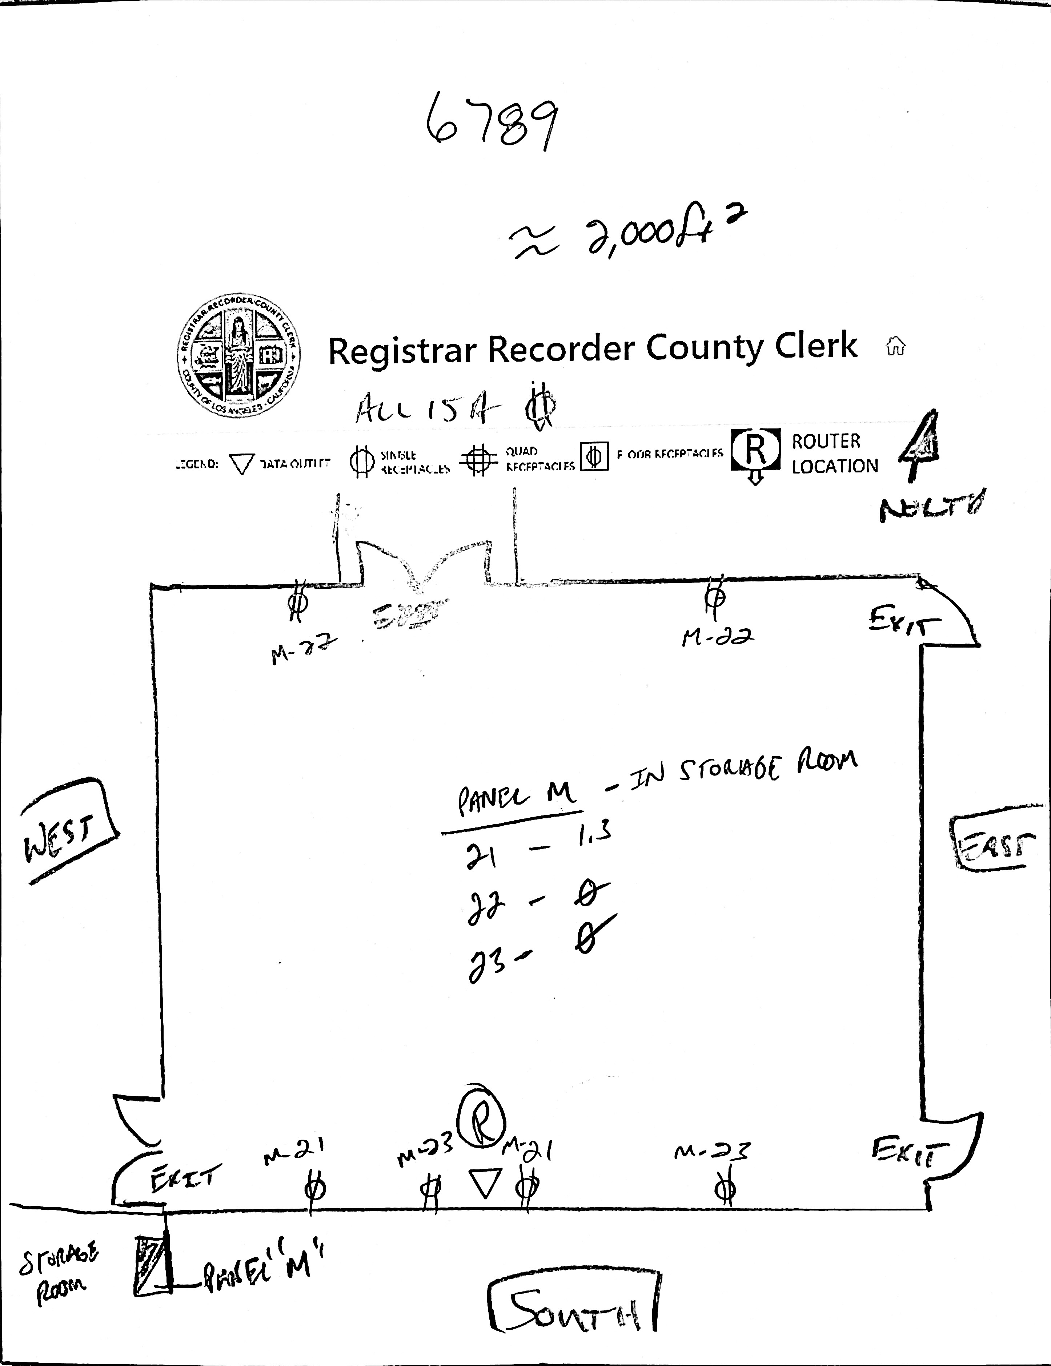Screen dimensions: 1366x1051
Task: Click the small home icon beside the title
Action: (x=895, y=345)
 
